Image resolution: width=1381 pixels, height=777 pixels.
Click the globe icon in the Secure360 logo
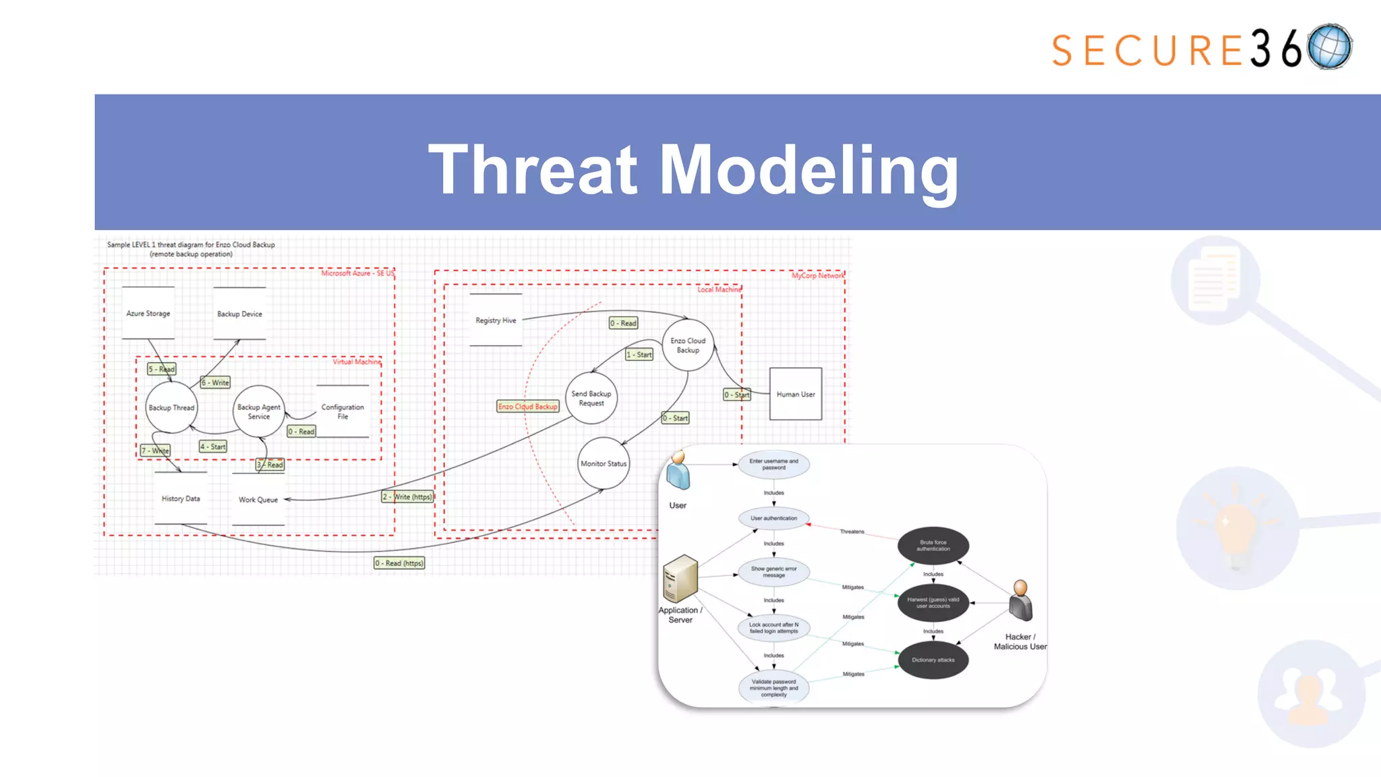point(1329,47)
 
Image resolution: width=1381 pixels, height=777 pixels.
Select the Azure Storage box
point(148,314)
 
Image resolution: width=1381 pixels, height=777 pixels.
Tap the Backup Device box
point(239,314)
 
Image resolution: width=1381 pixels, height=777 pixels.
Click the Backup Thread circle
point(171,407)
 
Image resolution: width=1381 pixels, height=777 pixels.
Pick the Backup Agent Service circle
point(259,411)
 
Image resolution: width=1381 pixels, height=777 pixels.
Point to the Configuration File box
point(343,411)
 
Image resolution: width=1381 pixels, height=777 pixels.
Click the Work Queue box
point(258,500)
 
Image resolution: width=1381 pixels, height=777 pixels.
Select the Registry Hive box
point(496,320)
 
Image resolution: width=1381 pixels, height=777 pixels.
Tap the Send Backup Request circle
point(591,399)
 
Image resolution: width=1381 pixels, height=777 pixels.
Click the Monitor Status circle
point(604,463)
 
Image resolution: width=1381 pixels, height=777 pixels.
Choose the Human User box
point(796,394)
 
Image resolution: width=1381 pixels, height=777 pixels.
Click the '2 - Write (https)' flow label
point(407,496)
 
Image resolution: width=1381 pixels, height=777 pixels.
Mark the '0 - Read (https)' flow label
point(399,563)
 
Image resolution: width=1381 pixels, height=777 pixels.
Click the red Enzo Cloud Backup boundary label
point(528,406)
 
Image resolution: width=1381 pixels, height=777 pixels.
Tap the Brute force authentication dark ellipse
point(933,546)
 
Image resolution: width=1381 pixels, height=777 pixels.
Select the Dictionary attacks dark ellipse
point(933,660)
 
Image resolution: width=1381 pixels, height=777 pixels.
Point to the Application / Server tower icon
point(680,578)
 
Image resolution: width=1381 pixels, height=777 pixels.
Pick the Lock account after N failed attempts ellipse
point(774,628)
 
